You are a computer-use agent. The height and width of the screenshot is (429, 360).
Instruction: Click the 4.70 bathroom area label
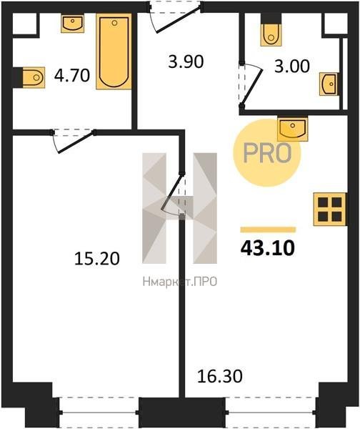[72, 75]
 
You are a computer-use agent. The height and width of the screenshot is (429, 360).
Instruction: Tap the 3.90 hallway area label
[186, 61]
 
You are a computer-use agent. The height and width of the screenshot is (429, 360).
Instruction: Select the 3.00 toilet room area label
[292, 66]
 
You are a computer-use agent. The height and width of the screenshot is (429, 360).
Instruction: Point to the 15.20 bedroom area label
[96, 259]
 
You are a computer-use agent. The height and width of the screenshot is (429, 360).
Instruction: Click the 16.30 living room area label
[220, 376]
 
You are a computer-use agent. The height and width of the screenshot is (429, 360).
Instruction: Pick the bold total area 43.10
[268, 248]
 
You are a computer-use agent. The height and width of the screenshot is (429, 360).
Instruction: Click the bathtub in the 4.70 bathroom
[114, 51]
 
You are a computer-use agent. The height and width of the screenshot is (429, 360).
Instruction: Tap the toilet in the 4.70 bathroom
[33, 78]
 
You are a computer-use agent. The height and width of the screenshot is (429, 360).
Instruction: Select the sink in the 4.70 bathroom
[72, 24]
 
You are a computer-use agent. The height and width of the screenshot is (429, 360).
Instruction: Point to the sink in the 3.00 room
[329, 84]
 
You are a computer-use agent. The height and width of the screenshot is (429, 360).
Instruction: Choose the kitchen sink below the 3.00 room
[292, 128]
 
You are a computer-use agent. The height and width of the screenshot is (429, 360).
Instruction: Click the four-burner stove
[330, 209]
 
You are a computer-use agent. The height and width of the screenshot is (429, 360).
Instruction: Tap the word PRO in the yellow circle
[267, 153]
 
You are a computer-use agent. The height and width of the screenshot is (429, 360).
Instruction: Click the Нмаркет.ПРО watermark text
[180, 281]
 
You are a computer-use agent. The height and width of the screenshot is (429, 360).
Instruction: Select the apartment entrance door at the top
[176, 17]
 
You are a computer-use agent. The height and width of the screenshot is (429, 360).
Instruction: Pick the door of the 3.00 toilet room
[250, 84]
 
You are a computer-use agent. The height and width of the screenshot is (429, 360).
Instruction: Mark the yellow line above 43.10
[268, 230]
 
